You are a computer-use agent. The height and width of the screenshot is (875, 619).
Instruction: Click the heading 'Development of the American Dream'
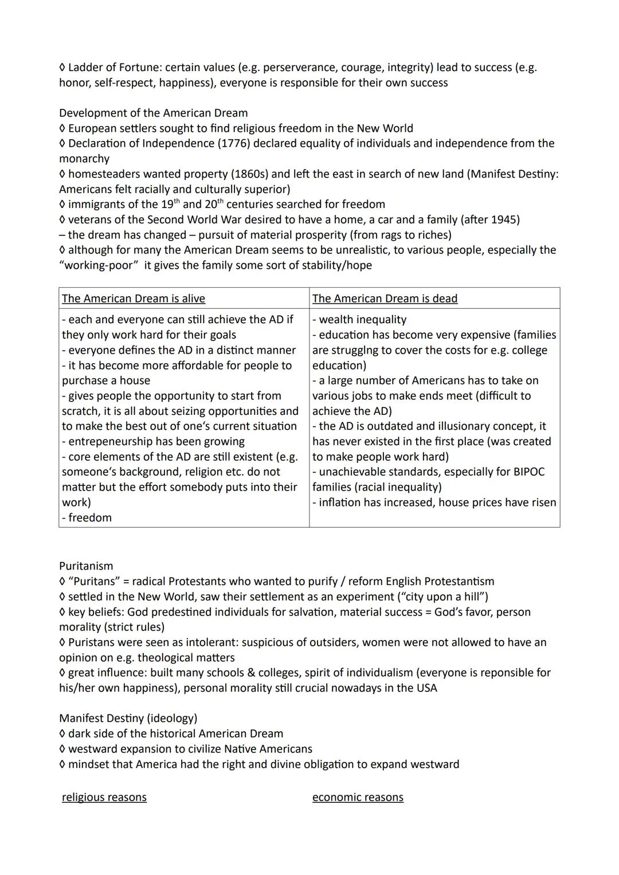click(x=153, y=113)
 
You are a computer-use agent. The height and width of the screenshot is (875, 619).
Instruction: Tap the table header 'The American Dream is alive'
click(x=133, y=299)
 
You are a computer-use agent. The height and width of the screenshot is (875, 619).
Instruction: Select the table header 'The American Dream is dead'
click(x=385, y=299)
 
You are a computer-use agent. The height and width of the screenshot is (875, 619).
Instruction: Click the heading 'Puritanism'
click(x=86, y=566)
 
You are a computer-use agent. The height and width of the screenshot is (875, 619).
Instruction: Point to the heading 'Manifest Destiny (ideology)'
click(x=128, y=719)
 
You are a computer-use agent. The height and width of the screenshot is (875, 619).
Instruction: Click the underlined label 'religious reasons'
click(x=104, y=798)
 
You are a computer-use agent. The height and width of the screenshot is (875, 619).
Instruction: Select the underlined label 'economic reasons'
click(x=358, y=798)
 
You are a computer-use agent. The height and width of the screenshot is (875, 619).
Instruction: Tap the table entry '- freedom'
click(x=87, y=518)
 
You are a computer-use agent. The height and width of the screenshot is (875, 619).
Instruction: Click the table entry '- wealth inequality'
click(x=359, y=320)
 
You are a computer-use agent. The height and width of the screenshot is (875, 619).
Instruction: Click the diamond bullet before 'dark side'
click(x=62, y=734)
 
